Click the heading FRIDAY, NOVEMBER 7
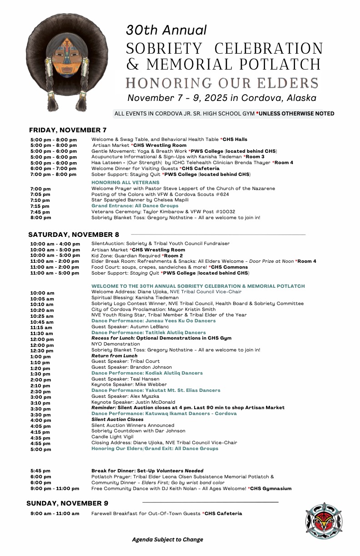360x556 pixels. pyautogui.click(x=68, y=130)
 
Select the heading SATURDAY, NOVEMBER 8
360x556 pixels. pyautogui.click(x=74, y=235)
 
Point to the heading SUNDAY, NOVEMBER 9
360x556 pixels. pyautogui.click(x=67, y=503)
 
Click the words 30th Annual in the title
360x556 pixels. pyautogui.click(x=166, y=30)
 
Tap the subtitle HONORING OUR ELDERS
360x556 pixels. pyautogui.click(x=222, y=83)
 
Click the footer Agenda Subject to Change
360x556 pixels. pyautogui.click(x=168, y=540)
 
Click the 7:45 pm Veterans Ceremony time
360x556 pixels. pyautogui.click(x=40, y=212)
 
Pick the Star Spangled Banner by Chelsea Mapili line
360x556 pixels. pyautogui.click(x=139, y=200)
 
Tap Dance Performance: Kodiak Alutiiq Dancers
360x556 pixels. pyautogui.click(x=147, y=373)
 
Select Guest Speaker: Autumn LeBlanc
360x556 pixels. pyautogui.click(x=124, y=327)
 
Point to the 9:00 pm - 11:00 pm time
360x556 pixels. pyautogui.click(x=55, y=489)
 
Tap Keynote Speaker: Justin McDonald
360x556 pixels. pyautogui.click(x=133, y=402)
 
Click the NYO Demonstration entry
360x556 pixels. pyautogui.click(x=115, y=344)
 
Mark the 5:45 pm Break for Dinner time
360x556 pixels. pyautogui.click(x=40, y=471)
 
